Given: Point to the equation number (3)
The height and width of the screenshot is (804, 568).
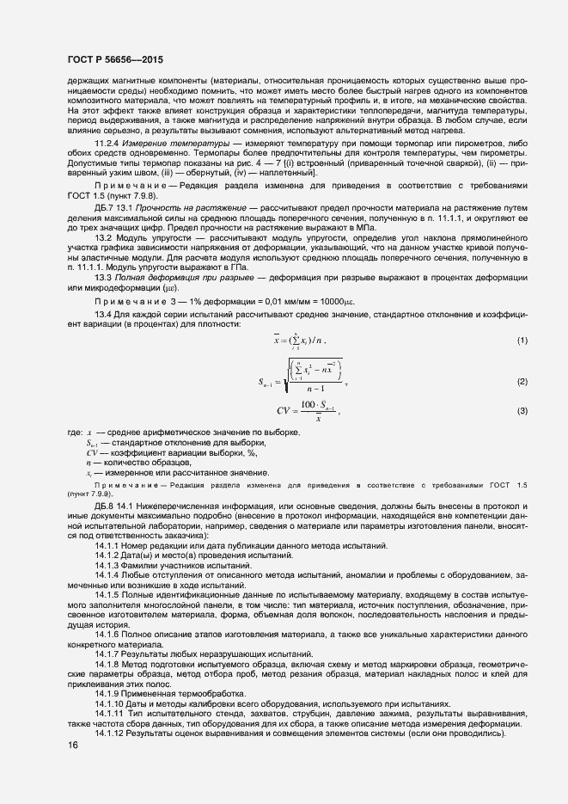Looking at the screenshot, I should pos(521,412).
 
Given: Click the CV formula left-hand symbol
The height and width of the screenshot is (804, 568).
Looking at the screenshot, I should pos(284,411).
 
